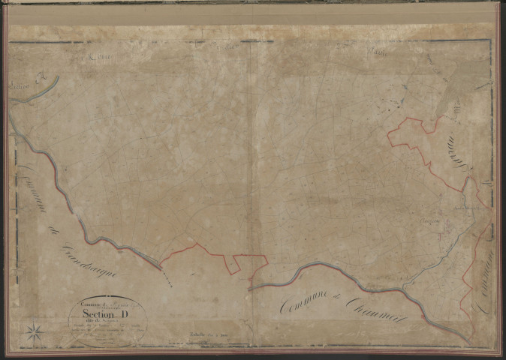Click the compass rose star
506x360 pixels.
[x=33, y=330]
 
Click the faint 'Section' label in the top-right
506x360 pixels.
[x=373, y=51]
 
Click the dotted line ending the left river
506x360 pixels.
[x=169, y=277]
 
